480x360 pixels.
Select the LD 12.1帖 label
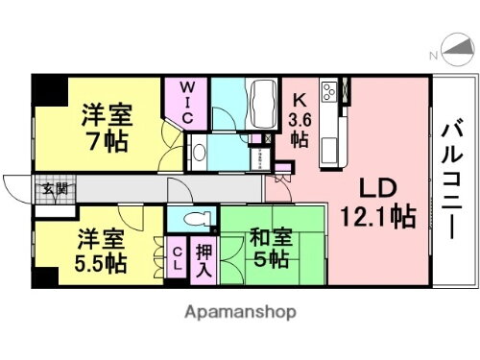[377, 202]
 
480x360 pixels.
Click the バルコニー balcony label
[451, 183]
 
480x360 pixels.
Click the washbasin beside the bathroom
[200, 151]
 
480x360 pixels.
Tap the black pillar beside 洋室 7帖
[47, 91]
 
